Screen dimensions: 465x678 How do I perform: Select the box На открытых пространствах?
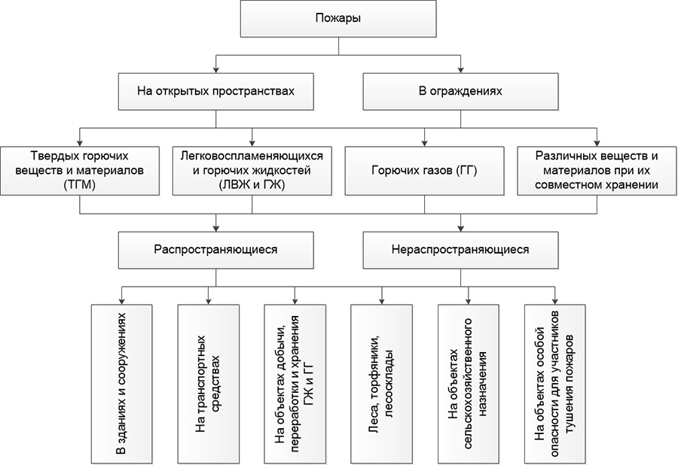pyautogui.click(x=215, y=91)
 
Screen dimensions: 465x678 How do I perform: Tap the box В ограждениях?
pyautogui.click(x=460, y=91)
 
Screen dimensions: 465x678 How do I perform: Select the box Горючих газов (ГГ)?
pyautogui.click(x=424, y=170)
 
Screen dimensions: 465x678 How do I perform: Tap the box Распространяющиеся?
pyautogui.click(x=215, y=249)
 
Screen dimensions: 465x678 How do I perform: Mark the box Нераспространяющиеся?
pyautogui.click(x=460, y=249)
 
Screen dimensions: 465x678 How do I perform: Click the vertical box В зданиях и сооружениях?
pyautogui.click(x=121, y=384)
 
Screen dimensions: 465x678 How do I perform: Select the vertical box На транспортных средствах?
pyautogui.click(x=207, y=384)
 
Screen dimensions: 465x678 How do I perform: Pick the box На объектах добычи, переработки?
pyautogui.click(x=295, y=384)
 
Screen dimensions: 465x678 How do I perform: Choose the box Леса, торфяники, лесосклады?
pyautogui.click(x=381, y=384)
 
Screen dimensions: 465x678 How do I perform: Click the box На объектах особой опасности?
pyautogui.click(x=555, y=384)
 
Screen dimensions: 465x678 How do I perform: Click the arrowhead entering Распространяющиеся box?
pyautogui.click(x=215, y=227)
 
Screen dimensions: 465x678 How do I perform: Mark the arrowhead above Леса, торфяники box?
pyautogui.click(x=381, y=299)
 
